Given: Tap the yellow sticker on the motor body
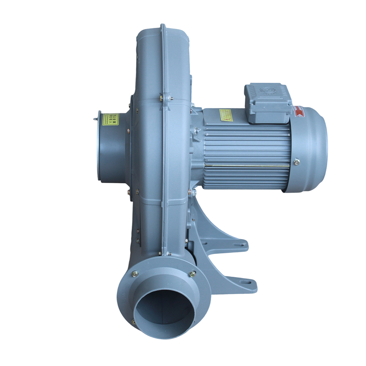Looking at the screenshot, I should tap(226, 115).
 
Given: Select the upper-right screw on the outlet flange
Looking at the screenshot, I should tap(192, 273).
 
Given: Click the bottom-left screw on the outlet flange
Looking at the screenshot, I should tap(134, 322).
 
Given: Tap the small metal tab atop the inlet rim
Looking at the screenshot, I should tap(96, 118).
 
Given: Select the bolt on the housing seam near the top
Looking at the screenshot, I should tap(161, 97).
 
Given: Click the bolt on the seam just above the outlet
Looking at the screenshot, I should tap(160, 253).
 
